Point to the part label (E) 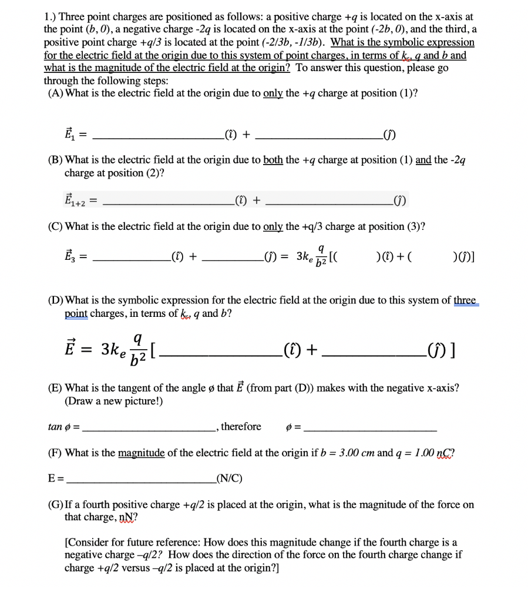tap(55, 388)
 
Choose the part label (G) tap(55, 504)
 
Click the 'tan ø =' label tap(63, 427)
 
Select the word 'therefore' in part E tap(241, 427)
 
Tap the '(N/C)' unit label tap(230, 477)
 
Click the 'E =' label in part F tap(55, 477)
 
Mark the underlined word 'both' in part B tap(273, 160)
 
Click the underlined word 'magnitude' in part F tap(142, 453)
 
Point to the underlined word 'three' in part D tap(466, 300)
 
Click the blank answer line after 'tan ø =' tap(149, 429)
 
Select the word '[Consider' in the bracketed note tap(88, 541)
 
